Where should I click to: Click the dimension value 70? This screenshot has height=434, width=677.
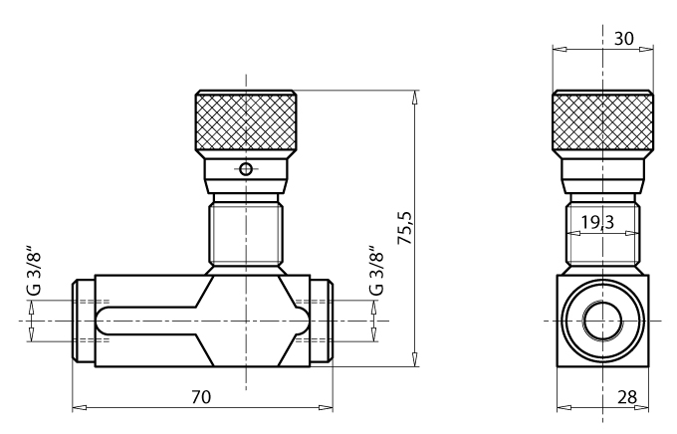(201, 396)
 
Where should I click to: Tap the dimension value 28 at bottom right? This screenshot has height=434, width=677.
(626, 397)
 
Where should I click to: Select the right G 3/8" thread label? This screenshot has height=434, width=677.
(375, 271)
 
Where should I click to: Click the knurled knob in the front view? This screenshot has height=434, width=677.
(245, 121)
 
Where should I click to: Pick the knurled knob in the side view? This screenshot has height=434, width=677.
(603, 121)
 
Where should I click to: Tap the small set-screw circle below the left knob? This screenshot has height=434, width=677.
(245, 169)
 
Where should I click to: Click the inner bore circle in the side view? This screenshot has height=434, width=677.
(603, 323)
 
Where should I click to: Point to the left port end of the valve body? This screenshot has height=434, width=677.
(84, 322)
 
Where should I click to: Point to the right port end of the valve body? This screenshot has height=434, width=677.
(321, 322)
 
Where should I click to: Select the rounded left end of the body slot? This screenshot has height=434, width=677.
(104, 322)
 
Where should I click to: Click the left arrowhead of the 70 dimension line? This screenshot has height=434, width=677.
(78, 407)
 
